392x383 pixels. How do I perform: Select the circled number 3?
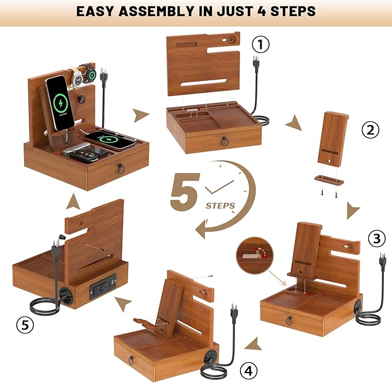click(376, 238)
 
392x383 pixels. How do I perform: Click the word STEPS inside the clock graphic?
click(219, 205)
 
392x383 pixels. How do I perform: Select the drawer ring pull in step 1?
click(225, 141)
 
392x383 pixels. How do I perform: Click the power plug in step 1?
click(256, 63)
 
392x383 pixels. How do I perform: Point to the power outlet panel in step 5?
click(102, 286)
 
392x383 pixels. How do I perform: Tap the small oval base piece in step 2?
click(329, 181)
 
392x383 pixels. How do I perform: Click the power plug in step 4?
click(234, 312)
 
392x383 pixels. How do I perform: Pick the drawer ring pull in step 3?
click(289, 320)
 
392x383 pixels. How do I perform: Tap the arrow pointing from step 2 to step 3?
click(353, 212)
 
